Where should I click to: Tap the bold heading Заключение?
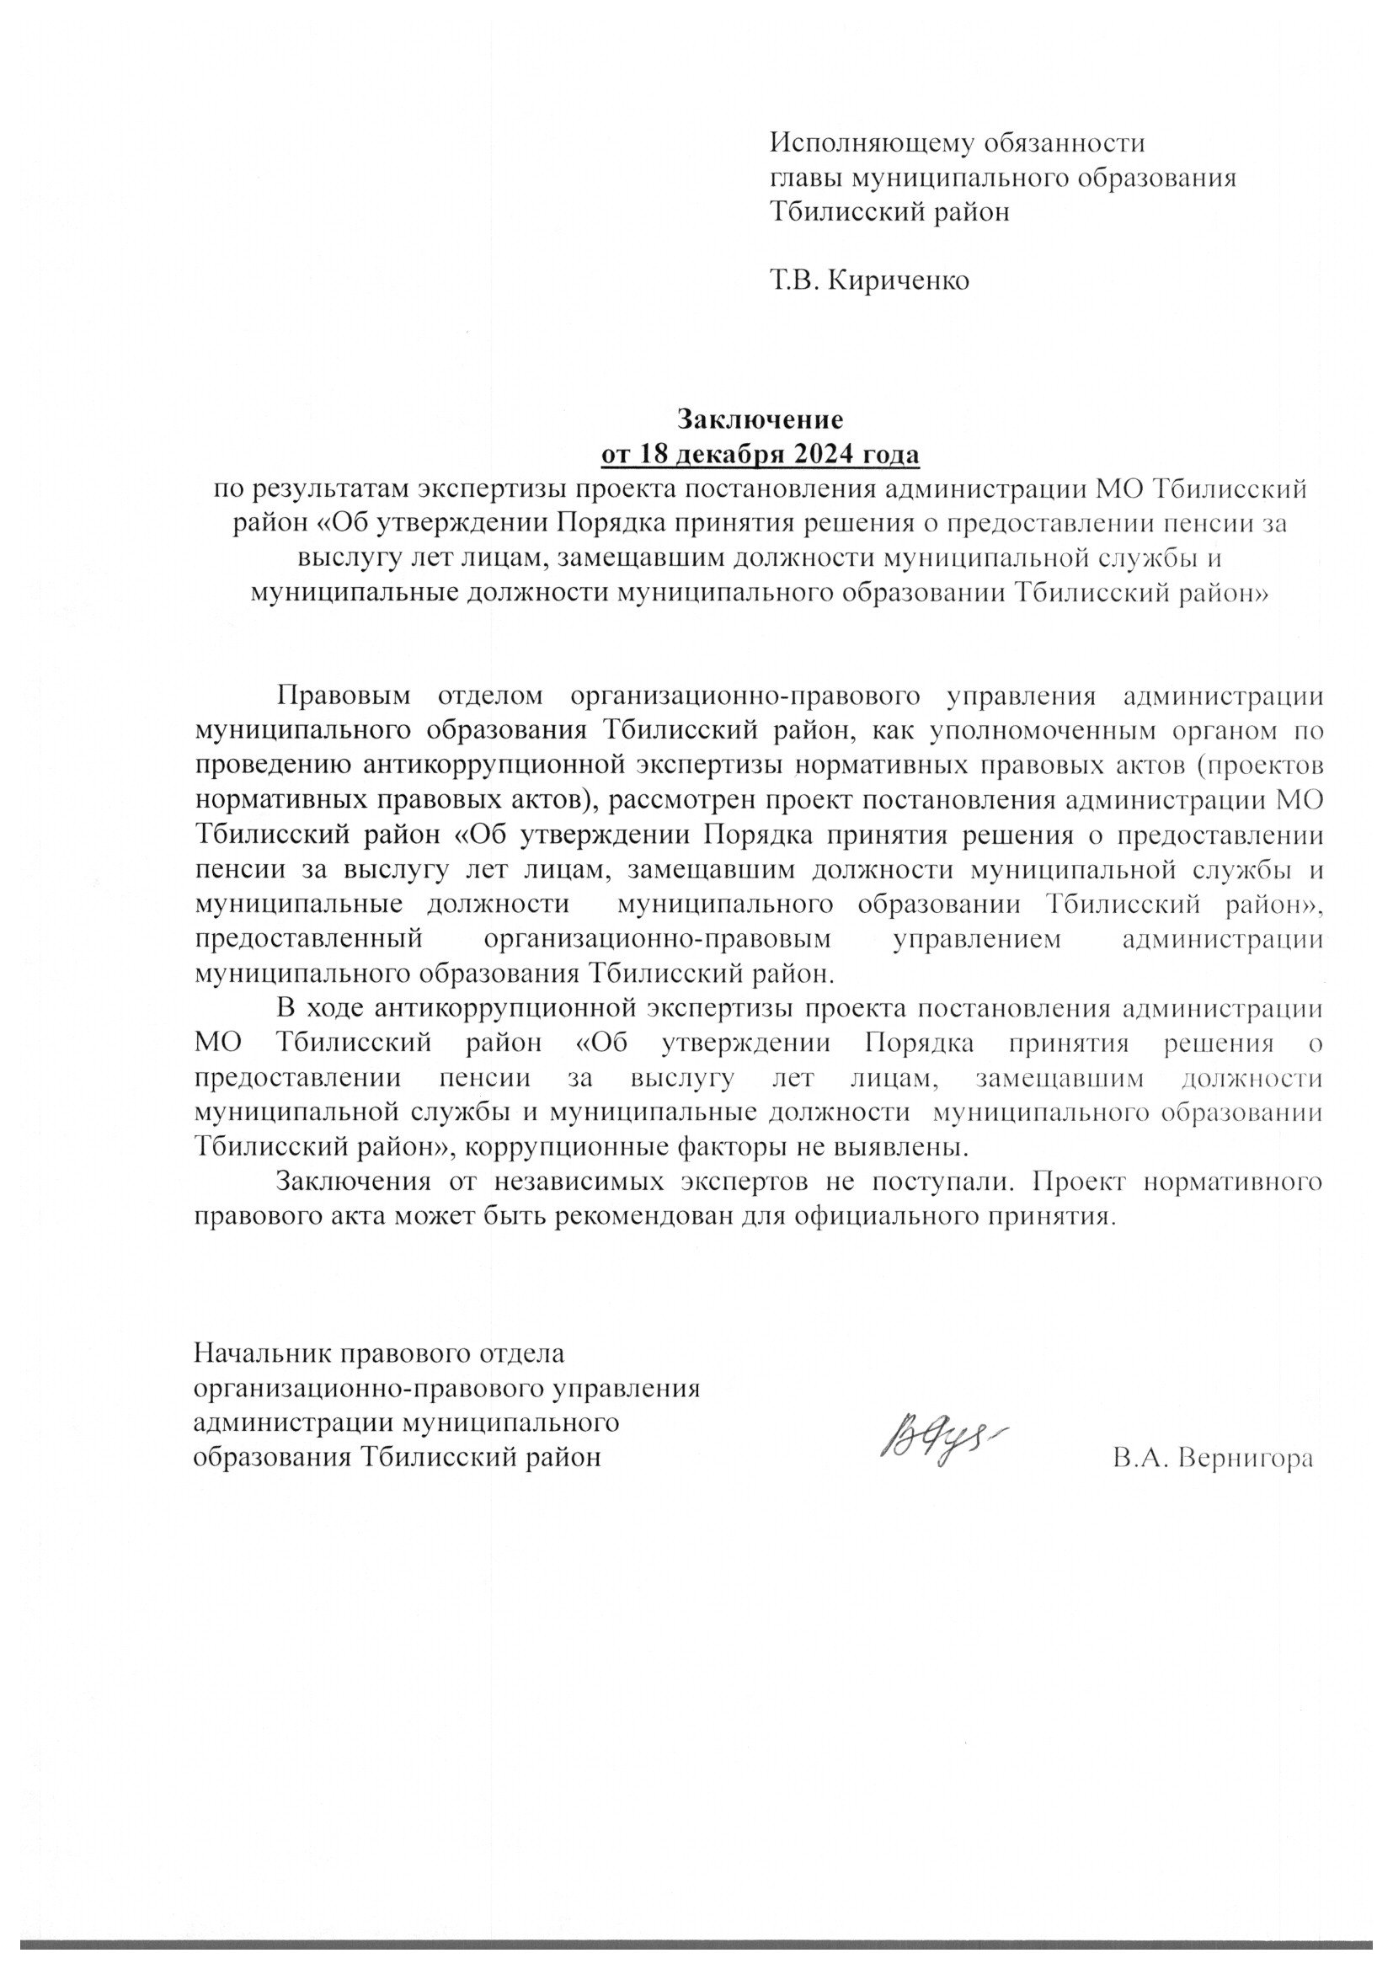(760, 419)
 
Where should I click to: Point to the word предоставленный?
(310, 938)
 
